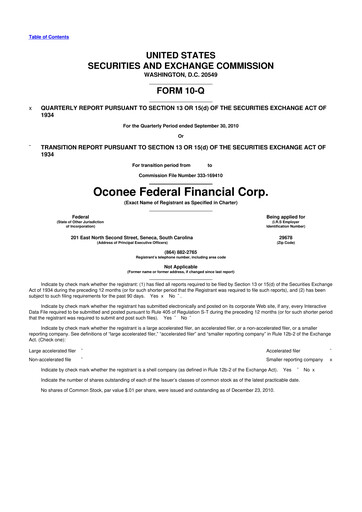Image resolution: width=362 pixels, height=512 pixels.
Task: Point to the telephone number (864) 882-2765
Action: click(x=180, y=252)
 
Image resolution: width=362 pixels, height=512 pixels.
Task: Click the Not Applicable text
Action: click(x=180, y=266)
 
